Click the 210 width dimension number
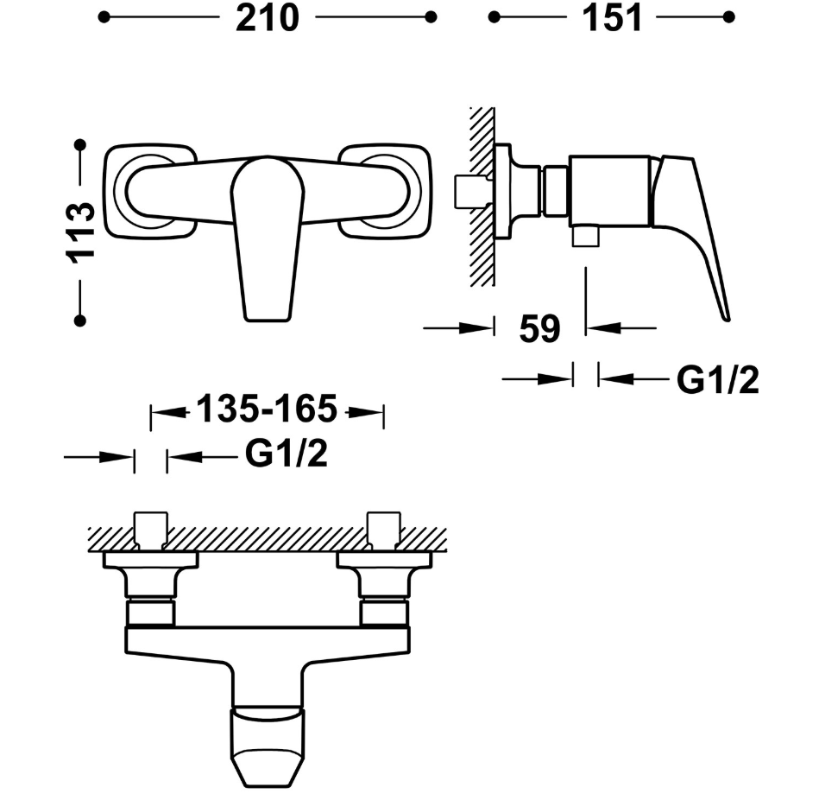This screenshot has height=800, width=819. [268, 18]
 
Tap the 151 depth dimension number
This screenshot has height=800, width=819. [612, 18]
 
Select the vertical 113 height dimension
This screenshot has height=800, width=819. [80, 232]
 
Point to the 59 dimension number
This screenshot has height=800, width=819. [539, 329]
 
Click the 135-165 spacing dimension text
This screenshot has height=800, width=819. [267, 409]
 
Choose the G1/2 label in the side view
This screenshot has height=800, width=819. [718, 379]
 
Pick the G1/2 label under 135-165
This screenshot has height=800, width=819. [287, 454]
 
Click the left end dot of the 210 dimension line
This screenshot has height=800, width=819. [104, 17]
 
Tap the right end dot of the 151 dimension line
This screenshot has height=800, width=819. [729, 17]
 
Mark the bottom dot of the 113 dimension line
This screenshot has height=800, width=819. [80, 321]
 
